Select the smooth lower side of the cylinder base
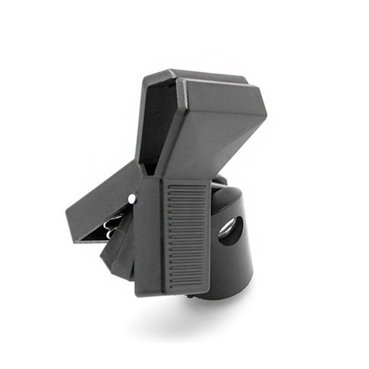pos(232,273)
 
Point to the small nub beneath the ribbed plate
pos(189,295)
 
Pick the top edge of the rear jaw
pos(196,74)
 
